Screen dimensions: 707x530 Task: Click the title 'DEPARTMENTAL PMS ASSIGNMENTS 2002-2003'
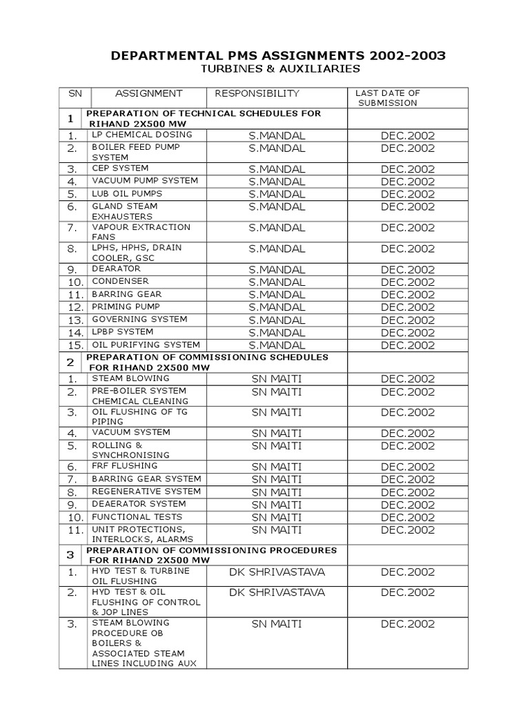279,55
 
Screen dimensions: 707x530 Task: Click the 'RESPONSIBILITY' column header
257,93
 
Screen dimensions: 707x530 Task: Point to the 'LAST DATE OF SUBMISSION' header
387,97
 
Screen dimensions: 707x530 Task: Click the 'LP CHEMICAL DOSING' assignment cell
141,135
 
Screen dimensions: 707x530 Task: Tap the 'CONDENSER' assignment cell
121,281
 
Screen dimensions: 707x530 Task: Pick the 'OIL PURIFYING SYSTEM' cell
146,345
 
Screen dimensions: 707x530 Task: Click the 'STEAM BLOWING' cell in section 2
130,378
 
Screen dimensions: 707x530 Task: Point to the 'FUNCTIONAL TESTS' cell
137,516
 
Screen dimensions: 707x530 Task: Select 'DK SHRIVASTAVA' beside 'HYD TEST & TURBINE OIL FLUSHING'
277,572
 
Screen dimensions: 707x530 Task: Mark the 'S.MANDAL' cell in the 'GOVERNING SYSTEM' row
277,320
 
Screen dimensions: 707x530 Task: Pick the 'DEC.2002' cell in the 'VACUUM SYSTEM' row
408,433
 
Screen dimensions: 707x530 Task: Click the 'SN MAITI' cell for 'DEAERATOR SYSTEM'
277,505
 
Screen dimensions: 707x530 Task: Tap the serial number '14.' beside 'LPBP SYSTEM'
76,333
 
